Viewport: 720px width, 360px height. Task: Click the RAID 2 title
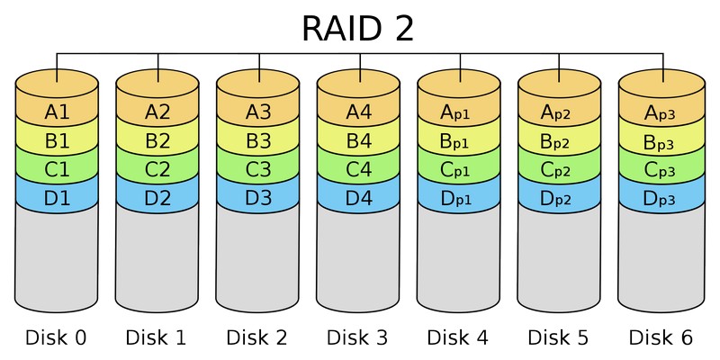coord(358,28)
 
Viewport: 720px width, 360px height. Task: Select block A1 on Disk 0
coord(57,112)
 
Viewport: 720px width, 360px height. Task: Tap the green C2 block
coord(157,169)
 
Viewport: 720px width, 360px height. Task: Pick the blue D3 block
coord(258,197)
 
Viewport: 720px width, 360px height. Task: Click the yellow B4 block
coord(359,141)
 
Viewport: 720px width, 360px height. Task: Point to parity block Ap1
coord(459,112)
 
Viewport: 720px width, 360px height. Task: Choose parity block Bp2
coord(560,141)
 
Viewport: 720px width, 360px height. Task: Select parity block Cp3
coord(661,169)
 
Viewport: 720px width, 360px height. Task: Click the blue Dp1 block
coord(459,197)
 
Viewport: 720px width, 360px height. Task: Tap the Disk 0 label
coord(57,338)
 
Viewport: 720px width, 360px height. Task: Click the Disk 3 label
coord(359,338)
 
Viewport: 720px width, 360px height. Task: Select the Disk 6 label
coord(661,338)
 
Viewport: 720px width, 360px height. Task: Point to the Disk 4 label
coord(459,338)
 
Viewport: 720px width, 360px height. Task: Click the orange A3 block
coord(258,112)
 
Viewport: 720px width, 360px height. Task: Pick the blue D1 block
coord(57,197)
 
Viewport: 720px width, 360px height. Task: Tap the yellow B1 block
coord(57,141)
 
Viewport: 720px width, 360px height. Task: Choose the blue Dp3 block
coord(661,197)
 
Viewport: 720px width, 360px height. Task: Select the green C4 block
coord(359,169)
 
